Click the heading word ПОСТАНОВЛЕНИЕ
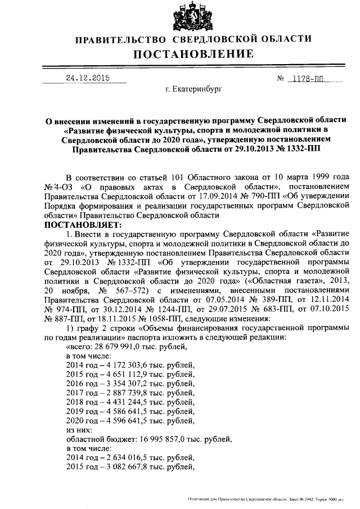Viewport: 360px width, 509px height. [193, 55]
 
